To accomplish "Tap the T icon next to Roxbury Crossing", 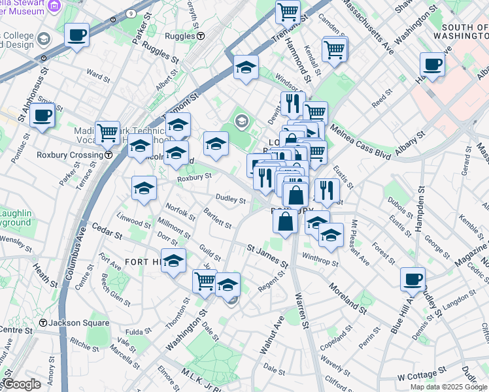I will coord(108,155).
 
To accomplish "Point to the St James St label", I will coord(267,256).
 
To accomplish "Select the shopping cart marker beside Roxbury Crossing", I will coord(107,132).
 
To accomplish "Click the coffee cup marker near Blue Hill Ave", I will coord(413,279).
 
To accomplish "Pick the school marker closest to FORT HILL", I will coord(173,261).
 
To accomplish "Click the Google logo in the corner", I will coord(21,384).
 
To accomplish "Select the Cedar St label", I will coord(107,232).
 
